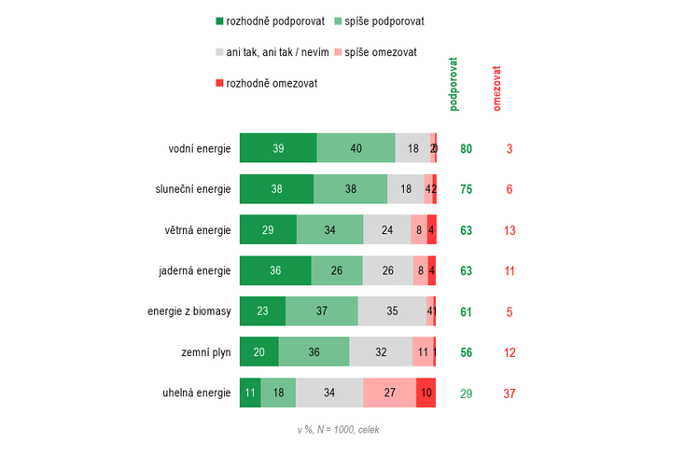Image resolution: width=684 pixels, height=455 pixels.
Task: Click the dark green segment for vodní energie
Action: point(278,148)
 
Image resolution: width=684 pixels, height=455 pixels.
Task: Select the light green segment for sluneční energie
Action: point(350,189)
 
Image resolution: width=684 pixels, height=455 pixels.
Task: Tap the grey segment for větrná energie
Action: point(386,230)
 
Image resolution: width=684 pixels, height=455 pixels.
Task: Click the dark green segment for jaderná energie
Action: point(275,271)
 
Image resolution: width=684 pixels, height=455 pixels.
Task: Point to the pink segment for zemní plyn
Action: point(422,352)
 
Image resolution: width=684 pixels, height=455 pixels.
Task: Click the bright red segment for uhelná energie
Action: point(426,393)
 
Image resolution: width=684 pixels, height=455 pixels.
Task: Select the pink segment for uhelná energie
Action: point(389,393)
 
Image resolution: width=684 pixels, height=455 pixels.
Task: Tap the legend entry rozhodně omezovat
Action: point(267,83)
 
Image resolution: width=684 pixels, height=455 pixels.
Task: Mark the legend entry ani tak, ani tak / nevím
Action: point(271,52)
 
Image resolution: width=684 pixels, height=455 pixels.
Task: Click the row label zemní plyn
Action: point(205,352)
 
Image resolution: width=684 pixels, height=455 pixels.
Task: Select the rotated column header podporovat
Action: point(454,85)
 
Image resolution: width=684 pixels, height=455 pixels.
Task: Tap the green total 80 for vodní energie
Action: point(467,148)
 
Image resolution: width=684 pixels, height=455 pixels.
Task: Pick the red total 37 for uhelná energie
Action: point(510,393)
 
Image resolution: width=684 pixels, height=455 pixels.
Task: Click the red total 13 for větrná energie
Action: point(510,230)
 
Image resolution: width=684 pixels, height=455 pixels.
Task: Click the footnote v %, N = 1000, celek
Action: point(338,430)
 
